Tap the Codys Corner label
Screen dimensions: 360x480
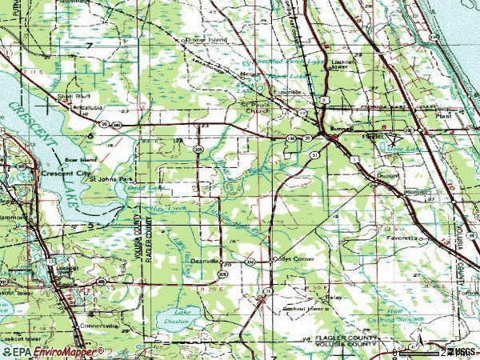(x=285, y=260)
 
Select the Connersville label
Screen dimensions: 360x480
(x=97, y=326)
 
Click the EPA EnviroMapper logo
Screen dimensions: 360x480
(x=51, y=351)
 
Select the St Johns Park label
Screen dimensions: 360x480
(x=109, y=179)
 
